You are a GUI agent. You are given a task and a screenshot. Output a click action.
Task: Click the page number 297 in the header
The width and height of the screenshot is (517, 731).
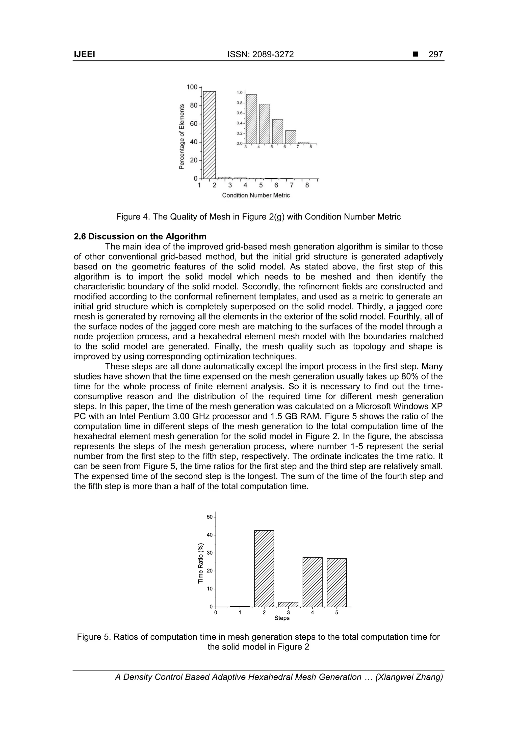(x=435, y=55)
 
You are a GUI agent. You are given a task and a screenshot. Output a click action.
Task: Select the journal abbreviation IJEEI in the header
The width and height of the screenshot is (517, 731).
(x=84, y=55)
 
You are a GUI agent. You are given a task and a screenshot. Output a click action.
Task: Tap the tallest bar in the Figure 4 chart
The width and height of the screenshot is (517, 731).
(x=209, y=135)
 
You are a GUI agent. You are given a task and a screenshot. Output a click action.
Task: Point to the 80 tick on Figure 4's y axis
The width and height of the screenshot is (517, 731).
(x=193, y=105)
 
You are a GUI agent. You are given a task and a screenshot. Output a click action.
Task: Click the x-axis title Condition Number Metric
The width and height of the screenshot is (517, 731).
(x=256, y=195)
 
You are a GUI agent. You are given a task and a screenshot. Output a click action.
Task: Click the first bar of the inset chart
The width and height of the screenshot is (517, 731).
(x=252, y=119)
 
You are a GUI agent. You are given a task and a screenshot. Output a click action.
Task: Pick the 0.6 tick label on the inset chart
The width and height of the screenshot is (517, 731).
(x=239, y=113)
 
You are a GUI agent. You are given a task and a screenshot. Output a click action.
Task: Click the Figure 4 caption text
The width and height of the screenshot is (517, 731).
(x=258, y=217)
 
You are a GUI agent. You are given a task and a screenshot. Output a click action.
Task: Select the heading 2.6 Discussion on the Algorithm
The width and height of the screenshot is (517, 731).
(x=140, y=236)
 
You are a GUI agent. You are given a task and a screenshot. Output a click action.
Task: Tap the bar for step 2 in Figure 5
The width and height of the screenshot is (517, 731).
(x=264, y=569)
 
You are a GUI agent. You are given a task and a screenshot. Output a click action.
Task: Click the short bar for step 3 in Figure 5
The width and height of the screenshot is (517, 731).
(x=288, y=604)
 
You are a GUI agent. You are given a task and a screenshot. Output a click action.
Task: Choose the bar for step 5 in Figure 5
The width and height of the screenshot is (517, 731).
(x=337, y=583)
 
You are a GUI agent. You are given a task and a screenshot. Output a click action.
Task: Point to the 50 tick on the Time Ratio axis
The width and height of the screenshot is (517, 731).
(x=210, y=517)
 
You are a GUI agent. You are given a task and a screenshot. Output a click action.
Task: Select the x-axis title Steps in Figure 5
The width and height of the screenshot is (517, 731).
(x=282, y=618)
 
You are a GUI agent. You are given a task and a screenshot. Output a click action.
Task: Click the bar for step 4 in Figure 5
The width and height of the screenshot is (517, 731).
(x=313, y=582)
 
